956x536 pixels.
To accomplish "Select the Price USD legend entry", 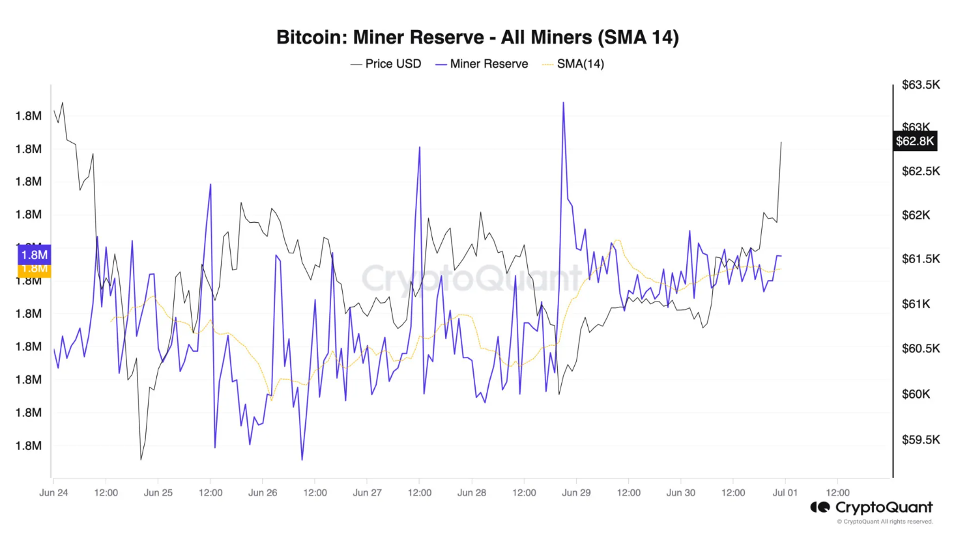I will [386, 64].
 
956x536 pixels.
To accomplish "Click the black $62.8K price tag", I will [915, 141].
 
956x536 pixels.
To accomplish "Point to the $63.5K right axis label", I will [920, 85].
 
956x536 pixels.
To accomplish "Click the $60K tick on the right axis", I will [916, 394].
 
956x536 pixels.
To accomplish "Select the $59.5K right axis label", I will [920, 440].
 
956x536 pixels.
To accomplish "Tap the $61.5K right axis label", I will [920, 259].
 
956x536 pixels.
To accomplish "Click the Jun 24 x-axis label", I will [53, 492].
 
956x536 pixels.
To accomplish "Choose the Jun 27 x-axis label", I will [367, 492].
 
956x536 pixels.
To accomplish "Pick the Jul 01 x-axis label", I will [785, 492].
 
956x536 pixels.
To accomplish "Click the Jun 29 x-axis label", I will [576, 492].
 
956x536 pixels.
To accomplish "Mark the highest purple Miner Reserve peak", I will [563, 103].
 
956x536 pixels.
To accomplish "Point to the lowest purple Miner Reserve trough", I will [302, 459].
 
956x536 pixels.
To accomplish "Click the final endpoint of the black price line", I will [781, 142].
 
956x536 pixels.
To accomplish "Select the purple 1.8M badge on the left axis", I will [34, 255].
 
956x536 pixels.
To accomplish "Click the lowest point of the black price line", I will [141, 459].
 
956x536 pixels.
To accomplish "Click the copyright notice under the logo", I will [884, 522].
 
